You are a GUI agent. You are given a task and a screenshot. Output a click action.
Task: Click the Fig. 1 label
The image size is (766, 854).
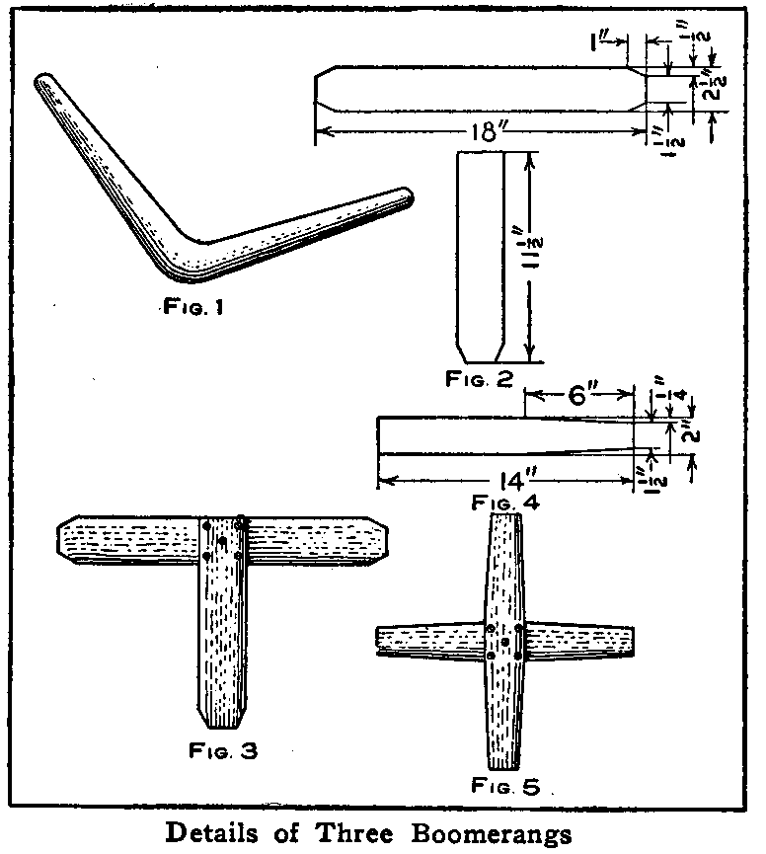pos(194,307)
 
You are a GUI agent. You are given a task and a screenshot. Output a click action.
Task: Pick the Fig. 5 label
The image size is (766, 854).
pos(504,788)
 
